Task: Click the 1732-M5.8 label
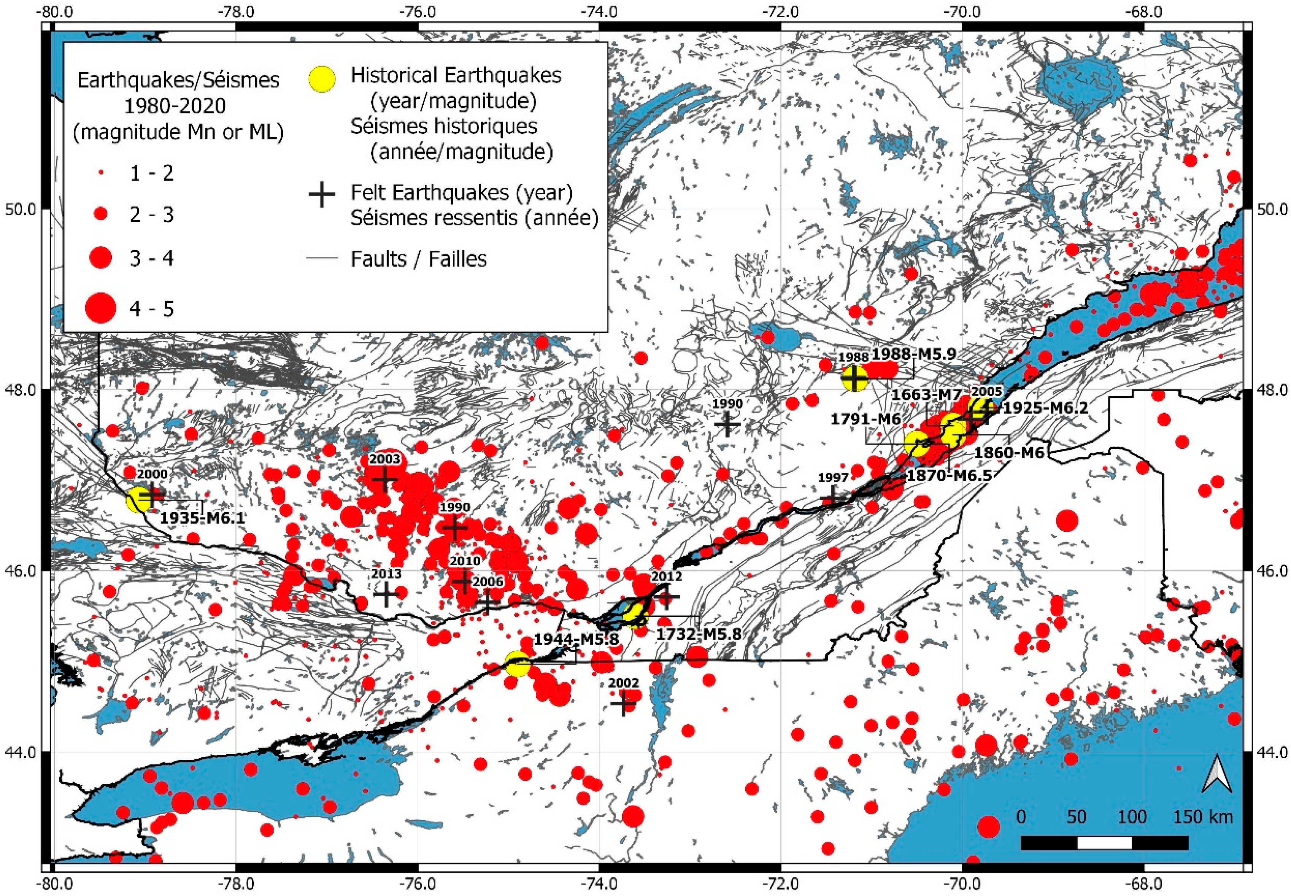tap(698, 634)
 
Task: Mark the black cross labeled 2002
tap(622, 704)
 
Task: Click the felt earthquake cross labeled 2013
tap(386, 594)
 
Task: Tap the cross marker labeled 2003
tap(384, 480)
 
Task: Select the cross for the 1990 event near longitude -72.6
tap(727, 424)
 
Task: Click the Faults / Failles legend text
tap(419, 259)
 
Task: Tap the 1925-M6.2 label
tap(1045, 408)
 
